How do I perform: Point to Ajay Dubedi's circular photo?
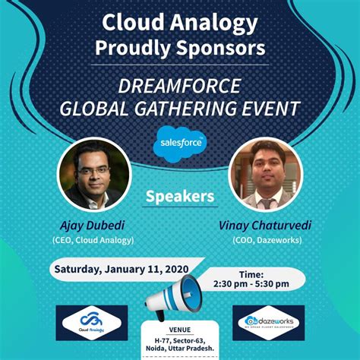pyautogui.click(x=90, y=175)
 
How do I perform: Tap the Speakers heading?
pyautogui.click(x=180, y=196)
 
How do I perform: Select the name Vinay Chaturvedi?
pyautogui.click(x=266, y=225)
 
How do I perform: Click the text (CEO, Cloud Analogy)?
pyautogui.click(x=93, y=240)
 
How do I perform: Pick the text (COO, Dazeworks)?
pyautogui.click(x=266, y=240)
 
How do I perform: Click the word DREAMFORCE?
pyautogui.click(x=179, y=86)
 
